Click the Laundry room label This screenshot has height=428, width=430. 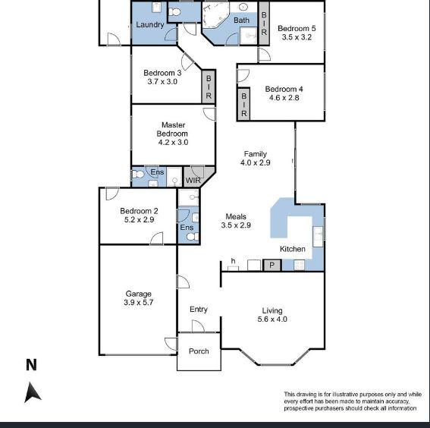coord(150,25)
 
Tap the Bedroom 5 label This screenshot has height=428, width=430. coord(297,29)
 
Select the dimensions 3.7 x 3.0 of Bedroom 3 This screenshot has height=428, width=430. coord(160,82)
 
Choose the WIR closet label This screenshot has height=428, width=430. coord(193,181)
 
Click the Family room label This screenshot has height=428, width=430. coord(255,154)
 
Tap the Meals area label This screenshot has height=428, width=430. coord(235,217)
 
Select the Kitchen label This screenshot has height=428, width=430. coord(293,249)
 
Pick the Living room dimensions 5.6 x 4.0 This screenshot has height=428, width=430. coord(272,319)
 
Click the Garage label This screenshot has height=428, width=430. coord(138,294)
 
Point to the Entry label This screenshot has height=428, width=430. coord(199,309)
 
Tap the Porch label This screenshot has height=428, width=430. coord(199,351)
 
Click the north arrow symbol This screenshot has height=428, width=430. coord(32,392)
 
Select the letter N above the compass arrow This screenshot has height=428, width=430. coord(31,365)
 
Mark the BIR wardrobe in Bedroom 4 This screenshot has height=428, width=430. coord(244,103)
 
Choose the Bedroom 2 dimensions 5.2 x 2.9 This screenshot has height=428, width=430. coord(139,220)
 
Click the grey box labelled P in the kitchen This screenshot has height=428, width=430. coord(272,265)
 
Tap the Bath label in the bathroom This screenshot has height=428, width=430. coord(241,20)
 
